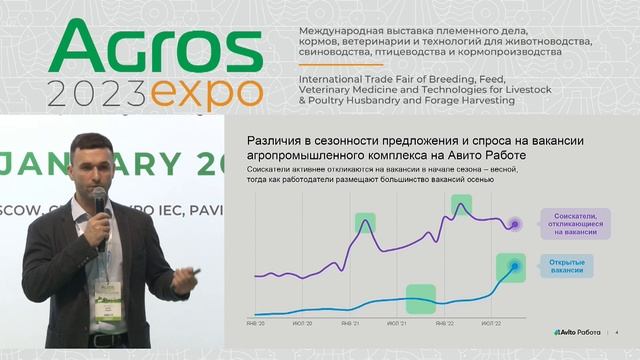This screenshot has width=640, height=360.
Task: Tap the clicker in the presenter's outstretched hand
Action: [x=197, y=271]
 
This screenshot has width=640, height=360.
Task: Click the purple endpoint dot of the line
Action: [x=515, y=224]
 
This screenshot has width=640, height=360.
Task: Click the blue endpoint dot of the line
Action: [x=515, y=266]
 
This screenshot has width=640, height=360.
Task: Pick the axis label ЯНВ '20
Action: [x=256, y=324]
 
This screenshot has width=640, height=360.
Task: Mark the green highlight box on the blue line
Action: [x=420, y=297]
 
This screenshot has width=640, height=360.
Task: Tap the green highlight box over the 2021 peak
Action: [x=365, y=223]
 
